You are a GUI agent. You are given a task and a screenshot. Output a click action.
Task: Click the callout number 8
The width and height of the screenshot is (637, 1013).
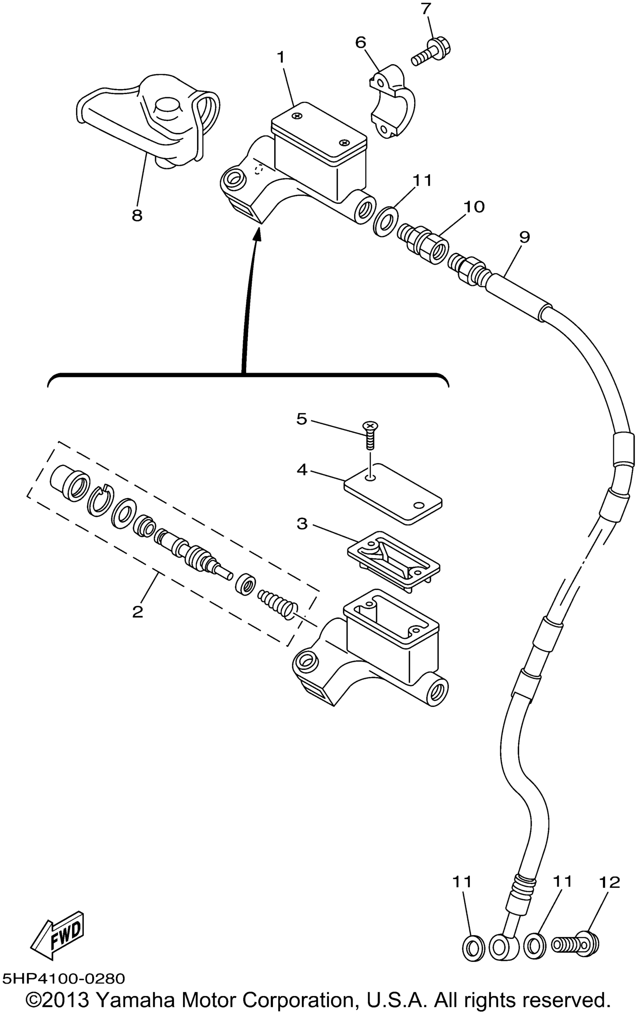pos(137,215)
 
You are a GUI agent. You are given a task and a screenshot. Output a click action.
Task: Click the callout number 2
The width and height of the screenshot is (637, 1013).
pos(137,611)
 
